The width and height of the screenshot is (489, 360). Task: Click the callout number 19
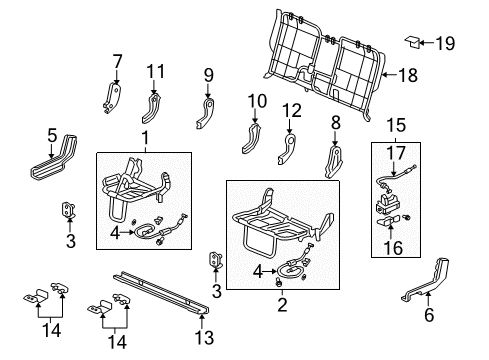(x=447, y=42)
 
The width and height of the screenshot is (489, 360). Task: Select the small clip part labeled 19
(x=412, y=42)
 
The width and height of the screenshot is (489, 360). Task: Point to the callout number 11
(x=154, y=71)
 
